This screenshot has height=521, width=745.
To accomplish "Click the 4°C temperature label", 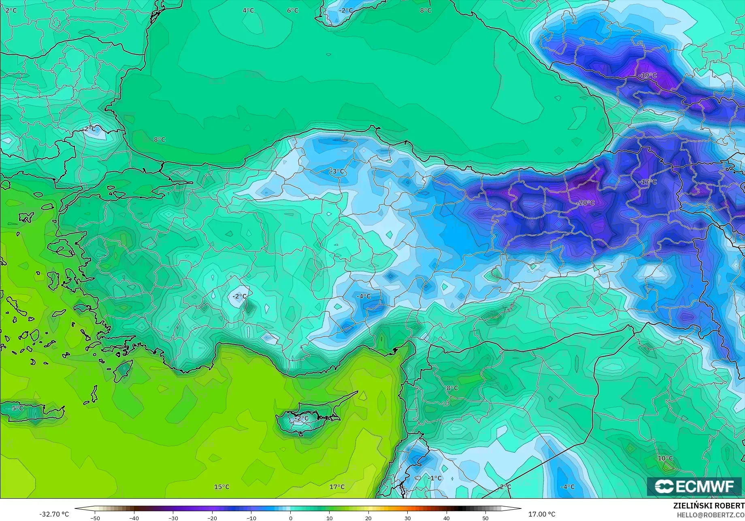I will click(x=248, y=11).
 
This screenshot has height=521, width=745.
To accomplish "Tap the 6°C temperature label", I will click(x=293, y=11).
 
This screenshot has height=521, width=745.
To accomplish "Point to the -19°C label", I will click(x=647, y=75).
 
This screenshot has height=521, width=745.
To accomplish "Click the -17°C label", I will click(x=647, y=182).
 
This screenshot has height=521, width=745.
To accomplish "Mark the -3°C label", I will click(x=337, y=172).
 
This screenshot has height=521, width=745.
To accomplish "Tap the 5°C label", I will click(x=18, y=408).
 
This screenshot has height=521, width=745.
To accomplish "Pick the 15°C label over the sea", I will click(x=222, y=487).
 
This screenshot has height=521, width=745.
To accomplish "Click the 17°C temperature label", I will click(x=337, y=487).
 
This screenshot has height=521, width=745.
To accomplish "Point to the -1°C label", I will click(x=435, y=478).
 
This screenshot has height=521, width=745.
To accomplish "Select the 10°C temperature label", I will click(x=665, y=458).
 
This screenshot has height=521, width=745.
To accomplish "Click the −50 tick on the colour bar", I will click(x=95, y=518).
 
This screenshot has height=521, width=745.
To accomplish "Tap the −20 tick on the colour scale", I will click(x=212, y=518).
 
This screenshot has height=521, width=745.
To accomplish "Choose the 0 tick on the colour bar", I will click(x=290, y=518).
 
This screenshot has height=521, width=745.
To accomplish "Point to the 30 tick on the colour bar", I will click(x=407, y=518).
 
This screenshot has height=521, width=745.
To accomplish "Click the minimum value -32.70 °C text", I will click(x=54, y=514).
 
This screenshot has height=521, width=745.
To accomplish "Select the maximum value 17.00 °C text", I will click(x=542, y=514).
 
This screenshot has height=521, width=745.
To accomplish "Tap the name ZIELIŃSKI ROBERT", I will click(x=709, y=506).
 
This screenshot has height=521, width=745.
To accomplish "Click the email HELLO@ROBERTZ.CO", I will click(x=711, y=515).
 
